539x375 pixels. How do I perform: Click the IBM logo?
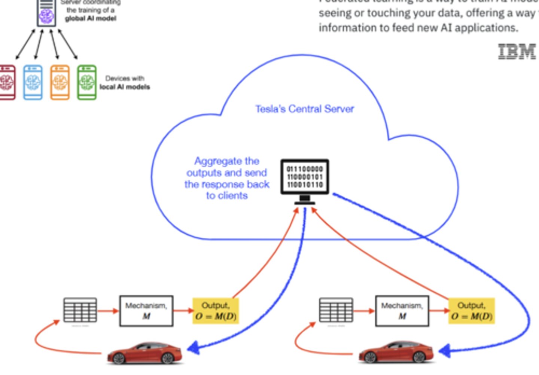517,52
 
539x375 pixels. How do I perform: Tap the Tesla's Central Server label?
304,109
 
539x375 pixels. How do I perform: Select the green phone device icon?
87,82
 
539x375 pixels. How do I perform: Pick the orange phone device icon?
60,82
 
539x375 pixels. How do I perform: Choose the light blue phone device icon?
33,82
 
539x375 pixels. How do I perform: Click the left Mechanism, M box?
146,311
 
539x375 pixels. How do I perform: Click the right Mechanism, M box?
402,311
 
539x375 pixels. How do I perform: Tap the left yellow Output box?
216,311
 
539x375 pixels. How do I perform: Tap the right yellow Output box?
471,311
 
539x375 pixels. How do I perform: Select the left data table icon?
80,310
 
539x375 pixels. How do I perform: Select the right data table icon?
336,310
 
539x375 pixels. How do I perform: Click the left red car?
145,353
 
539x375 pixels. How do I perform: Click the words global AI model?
91,18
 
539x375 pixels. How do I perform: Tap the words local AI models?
125,87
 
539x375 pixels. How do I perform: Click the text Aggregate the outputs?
227,167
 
